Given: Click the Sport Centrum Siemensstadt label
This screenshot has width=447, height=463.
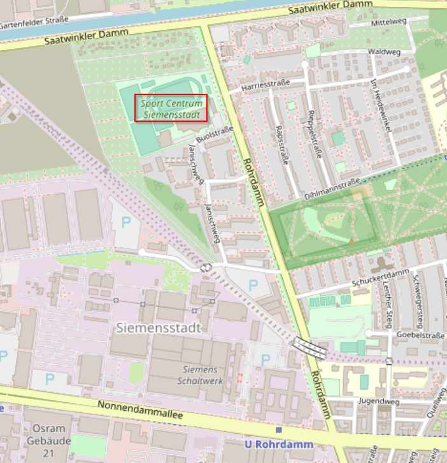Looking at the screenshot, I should (171, 108).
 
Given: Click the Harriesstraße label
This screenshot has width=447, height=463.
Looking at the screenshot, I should (266, 85).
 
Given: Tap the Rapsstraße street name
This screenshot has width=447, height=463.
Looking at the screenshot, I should (280, 144).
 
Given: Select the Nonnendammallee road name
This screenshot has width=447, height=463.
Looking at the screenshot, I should (139, 410).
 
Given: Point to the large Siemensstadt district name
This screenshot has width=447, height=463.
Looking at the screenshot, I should (159, 328).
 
